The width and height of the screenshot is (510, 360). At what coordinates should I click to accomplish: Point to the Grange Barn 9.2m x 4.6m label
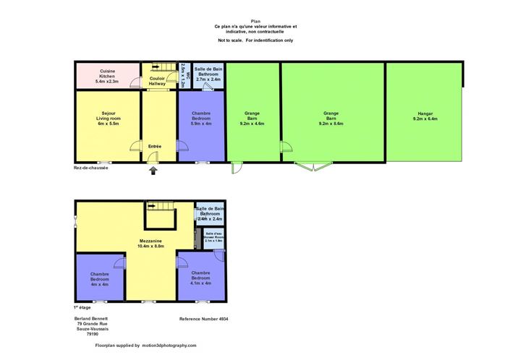coord(252,119)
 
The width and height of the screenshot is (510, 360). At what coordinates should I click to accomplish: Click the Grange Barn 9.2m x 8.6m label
coord(331,119)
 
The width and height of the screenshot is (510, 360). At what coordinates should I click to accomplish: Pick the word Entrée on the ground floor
coord(154,147)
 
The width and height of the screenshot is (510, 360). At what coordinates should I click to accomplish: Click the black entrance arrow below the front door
coord(152,171)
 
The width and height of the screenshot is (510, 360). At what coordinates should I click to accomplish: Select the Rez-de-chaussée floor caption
coord(90,168)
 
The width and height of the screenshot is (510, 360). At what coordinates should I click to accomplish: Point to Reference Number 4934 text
coord(208,318)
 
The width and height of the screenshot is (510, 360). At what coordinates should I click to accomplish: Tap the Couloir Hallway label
coord(158,81)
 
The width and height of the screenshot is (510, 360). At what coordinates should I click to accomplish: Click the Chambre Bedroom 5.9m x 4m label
coord(201,118)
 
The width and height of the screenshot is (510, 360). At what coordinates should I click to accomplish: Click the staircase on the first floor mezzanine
coord(161,215)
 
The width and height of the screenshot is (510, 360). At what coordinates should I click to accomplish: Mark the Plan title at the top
coord(255,22)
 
